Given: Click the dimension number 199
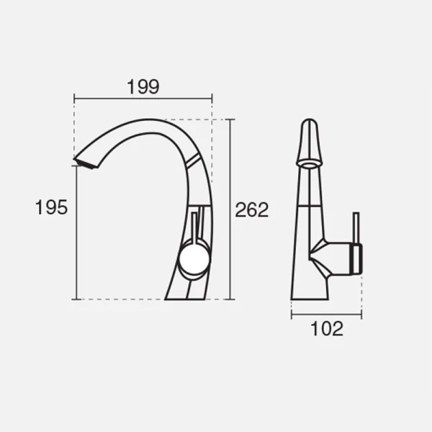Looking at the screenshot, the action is pyautogui.click(x=143, y=87).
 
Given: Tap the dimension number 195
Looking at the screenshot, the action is pyautogui.click(x=51, y=207).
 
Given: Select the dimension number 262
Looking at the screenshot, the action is pyautogui.click(x=251, y=210).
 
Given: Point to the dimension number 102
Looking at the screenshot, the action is pyautogui.click(x=327, y=328).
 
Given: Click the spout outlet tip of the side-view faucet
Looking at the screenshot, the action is pyautogui.click(x=86, y=163).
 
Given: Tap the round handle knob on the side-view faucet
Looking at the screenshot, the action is pyautogui.click(x=194, y=259).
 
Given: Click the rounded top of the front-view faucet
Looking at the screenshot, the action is pyautogui.click(x=309, y=123).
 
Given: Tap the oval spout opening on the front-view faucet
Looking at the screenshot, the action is pyautogui.click(x=309, y=164).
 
